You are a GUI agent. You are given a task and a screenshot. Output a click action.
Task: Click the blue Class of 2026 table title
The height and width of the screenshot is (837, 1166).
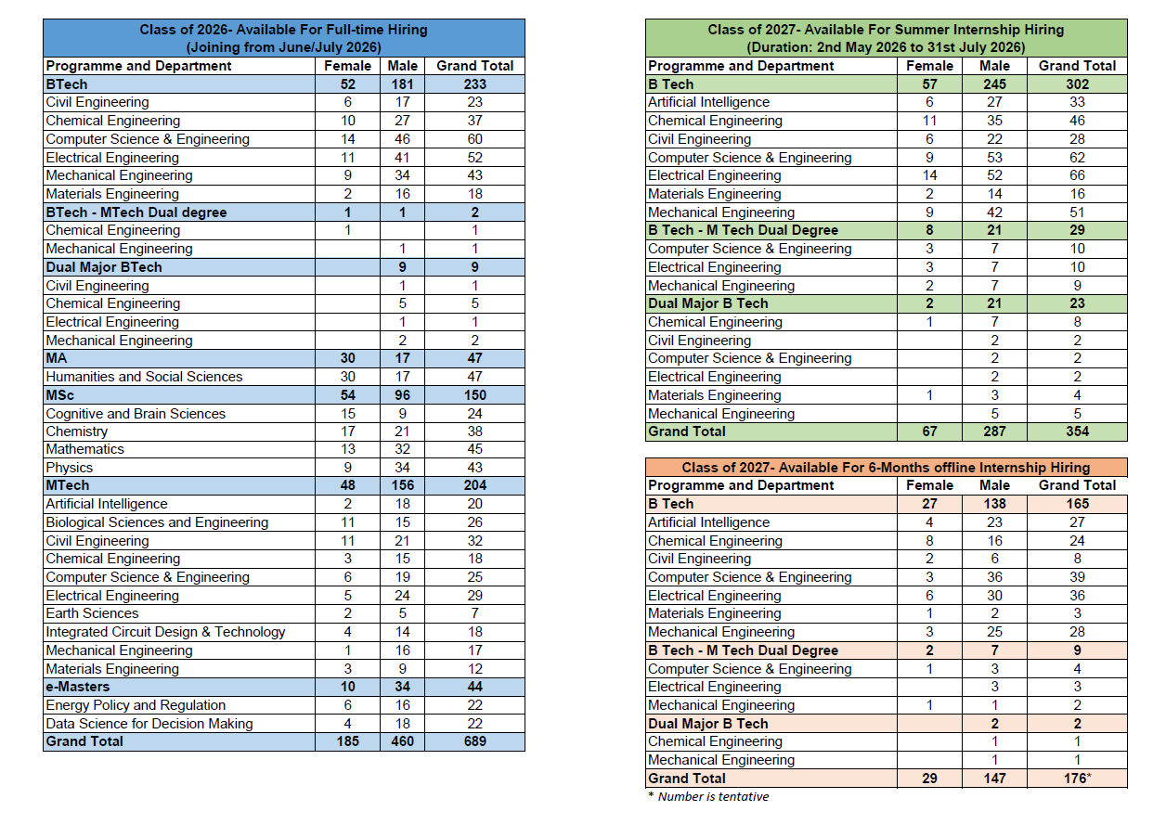click(x=284, y=38)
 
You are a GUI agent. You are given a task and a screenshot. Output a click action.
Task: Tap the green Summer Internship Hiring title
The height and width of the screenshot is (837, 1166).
click(x=886, y=38)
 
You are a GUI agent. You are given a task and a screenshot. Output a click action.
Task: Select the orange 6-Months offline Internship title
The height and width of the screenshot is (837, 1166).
click(x=886, y=467)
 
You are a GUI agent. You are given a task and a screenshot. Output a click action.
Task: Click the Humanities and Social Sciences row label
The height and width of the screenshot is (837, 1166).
click(x=144, y=377)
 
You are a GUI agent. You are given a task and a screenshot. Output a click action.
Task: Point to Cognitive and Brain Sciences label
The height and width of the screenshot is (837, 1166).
click(x=136, y=414)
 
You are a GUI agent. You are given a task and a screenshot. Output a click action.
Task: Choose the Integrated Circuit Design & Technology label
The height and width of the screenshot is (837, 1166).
click(x=165, y=632)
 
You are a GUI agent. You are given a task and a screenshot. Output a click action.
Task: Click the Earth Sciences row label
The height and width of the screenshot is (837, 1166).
click(x=92, y=613)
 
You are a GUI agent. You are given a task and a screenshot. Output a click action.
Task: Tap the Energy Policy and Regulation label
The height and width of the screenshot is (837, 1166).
click(x=136, y=705)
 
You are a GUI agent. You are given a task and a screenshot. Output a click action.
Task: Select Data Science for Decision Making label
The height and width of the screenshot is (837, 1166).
click(x=149, y=724)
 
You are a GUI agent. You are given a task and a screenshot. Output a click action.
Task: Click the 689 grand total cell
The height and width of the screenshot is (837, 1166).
click(x=474, y=741)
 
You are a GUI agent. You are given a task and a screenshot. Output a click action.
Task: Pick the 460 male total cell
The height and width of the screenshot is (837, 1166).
click(x=402, y=741)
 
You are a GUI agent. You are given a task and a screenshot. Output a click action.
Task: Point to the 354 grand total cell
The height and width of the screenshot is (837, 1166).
click(x=1077, y=431)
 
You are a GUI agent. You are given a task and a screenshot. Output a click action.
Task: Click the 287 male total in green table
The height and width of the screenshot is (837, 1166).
click(x=994, y=431)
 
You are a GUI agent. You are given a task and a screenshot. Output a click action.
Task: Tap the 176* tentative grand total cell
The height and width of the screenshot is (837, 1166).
click(x=1078, y=779)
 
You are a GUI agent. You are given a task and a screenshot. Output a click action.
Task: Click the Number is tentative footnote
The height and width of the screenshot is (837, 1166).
click(x=708, y=796)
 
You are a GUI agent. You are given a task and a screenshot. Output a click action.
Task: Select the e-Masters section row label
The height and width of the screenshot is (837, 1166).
click(x=78, y=687)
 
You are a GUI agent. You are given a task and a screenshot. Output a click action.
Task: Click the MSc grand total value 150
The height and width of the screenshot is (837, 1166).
click(x=474, y=394)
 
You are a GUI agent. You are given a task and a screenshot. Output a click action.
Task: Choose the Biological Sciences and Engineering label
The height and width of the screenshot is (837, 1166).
click(x=157, y=522)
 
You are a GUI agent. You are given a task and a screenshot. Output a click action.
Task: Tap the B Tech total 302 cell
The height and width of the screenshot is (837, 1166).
click(x=1077, y=84)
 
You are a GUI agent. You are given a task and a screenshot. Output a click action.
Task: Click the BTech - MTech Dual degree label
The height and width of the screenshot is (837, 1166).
click(x=136, y=212)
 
